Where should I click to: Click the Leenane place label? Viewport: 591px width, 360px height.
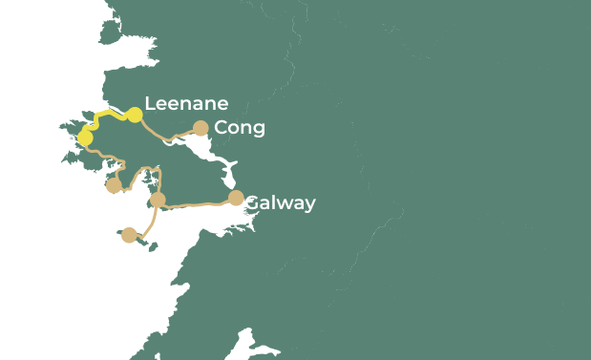[x=186, y=104]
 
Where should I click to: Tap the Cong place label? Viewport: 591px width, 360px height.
[x=240, y=128]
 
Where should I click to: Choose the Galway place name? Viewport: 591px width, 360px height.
[x=280, y=203]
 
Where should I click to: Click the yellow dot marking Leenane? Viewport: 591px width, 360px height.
[x=135, y=116]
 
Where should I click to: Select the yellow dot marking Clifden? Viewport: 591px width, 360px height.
[x=85, y=138]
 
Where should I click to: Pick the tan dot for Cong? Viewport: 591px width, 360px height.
[x=201, y=128]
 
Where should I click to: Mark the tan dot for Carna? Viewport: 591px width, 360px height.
[x=114, y=185]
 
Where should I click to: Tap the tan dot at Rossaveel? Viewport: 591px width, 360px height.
[x=158, y=200]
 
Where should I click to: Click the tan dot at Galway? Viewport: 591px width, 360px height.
[x=236, y=199]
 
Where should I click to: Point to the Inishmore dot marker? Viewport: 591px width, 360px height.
[x=129, y=235]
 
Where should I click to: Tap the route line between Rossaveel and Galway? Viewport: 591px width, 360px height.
[x=196, y=203]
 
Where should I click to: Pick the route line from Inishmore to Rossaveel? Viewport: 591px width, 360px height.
[x=150, y=224]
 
